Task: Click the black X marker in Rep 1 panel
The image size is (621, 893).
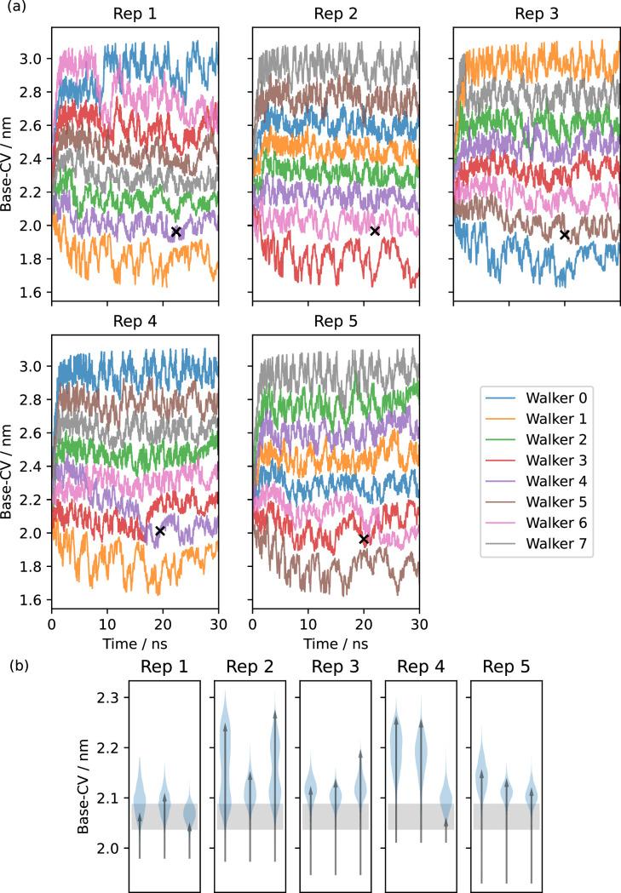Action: (x=176, y=232)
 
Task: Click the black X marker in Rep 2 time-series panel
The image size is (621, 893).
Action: (x=375, y=231)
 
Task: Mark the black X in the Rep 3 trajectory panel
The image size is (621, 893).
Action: (x=565, y=235)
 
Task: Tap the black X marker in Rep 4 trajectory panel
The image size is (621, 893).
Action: (x=159, y=530)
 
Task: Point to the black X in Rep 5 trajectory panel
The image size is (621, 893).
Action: (x=364, y=539)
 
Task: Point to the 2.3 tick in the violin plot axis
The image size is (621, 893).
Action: (x=108, y=698)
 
